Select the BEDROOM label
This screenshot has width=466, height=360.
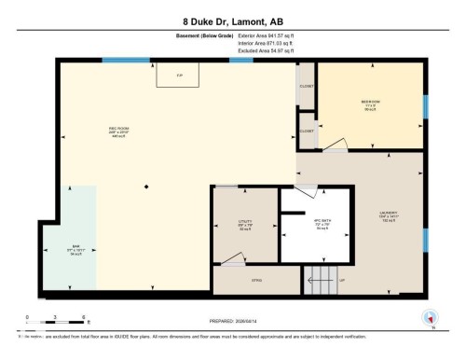(371, 103)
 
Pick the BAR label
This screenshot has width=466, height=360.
(75, 247)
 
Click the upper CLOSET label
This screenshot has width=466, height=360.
(307, 86)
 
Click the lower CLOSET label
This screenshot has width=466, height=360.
(307, 132)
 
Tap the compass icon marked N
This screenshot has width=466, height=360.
(430, 318)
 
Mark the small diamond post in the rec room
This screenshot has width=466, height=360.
(144, 188)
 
